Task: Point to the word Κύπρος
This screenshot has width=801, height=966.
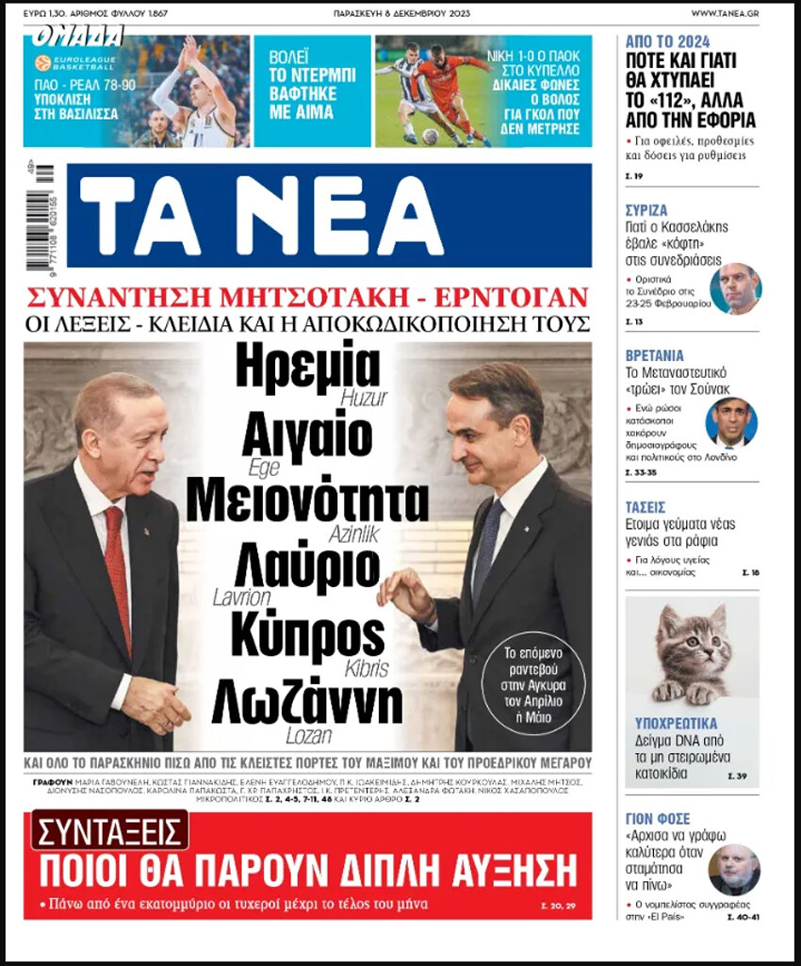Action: [x=307, y=630]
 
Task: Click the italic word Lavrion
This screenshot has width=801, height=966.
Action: [x=241, y=598]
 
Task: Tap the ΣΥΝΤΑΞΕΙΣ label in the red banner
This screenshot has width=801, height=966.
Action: [x=109, y=829]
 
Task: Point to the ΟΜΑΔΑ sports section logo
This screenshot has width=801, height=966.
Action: [x=77, y=37]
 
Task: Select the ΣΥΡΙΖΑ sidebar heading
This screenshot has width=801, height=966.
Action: [x=646, y=210]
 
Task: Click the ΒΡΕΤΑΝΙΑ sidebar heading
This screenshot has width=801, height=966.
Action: [x=654, y=355]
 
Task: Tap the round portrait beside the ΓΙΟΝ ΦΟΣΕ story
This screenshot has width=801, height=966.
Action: [x=733, y=868]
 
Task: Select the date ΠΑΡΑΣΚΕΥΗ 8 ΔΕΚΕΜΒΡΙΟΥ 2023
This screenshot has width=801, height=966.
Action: [x=401, y=13]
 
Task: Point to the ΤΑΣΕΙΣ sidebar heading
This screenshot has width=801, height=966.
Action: [x=646, y=506]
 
